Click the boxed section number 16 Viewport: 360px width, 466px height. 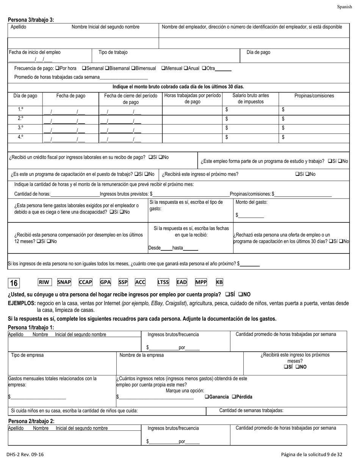[x=14, y=283]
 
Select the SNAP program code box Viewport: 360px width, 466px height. [x=64, y=282]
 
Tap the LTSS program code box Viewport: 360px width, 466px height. [x=163, y=282]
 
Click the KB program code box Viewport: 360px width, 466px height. [x=219, y=282]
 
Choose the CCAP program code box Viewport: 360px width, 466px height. [x=85, y=282]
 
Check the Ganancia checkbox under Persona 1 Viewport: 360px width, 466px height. [x=207, y=397]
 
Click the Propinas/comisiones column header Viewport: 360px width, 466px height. [x=314, y=95]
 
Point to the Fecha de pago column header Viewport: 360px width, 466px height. [x=71, y=95]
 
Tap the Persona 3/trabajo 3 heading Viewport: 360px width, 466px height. [x=31, y=20]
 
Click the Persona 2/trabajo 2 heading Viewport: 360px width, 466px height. [x=31, y=421]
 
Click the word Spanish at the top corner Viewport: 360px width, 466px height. [x=344, y=7]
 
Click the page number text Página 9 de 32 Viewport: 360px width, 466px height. [x=311, y=454]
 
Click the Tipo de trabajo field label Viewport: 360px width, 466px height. [x=113, y=52]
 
